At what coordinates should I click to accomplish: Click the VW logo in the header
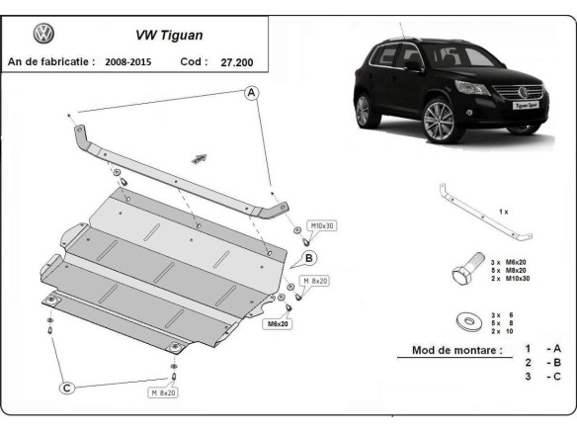(x=44, y=34)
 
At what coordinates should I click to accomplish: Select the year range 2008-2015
(x=136, y=61)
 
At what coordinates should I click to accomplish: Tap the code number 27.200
(x=238, y=61)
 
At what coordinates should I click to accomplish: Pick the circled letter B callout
(x=309, y=259)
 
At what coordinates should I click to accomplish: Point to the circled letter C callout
(x=66, y=389)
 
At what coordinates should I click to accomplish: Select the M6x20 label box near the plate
(x=277, y=323)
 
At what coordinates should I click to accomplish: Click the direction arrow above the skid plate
(x=201, y=156)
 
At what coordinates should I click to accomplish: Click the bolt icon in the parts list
(x=463, y=272)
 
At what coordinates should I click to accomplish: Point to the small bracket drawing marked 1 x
(x=485, y=211)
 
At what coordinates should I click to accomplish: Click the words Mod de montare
(x=450, y=351)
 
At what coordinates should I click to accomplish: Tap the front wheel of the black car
(x=437, y=124)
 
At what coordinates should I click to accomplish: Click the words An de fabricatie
(x=50, y=61)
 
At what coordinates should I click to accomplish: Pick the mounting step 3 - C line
(x=543, y=377)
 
